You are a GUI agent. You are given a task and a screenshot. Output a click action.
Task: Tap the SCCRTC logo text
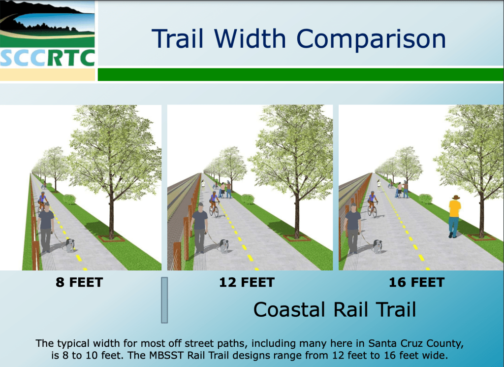tap(48, 58)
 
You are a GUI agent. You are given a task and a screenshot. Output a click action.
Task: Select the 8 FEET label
tap(79, 282)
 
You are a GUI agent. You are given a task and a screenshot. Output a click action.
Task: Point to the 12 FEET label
tap(247, 282)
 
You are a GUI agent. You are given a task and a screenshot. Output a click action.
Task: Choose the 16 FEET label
tap(417, 282)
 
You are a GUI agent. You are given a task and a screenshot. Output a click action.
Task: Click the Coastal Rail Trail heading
tap(335, 309)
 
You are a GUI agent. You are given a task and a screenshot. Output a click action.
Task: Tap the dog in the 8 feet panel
tap(70, 245)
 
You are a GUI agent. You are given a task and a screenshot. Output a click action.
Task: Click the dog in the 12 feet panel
tap(223, 246)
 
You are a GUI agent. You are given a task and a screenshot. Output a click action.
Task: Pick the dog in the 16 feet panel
tap(378, 246)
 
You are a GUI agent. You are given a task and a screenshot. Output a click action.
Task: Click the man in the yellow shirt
tap(454, 216)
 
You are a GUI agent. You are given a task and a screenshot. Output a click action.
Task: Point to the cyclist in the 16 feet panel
tap(372, 204)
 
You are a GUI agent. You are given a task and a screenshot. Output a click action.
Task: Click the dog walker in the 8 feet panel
tap(46, 227)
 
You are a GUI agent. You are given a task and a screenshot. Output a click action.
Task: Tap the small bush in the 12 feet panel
tap(248, 199)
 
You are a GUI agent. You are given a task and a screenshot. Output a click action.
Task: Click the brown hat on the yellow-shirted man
tap(456, 197)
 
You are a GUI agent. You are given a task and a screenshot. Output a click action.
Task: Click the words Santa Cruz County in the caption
tap(416, 343)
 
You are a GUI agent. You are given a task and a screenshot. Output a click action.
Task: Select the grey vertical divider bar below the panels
tap(164, 300)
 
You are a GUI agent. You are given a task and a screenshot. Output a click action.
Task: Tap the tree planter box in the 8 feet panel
tap(112, 238)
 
